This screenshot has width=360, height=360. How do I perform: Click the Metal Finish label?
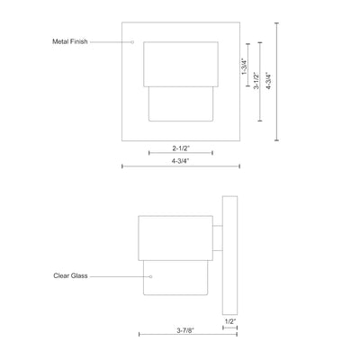pyautogui.click(x=70, y=41)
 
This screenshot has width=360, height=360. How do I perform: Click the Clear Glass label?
pyautogui.click(x=70, y=275)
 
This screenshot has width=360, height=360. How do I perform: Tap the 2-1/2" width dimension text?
pyautogui.click(x=181, y=148)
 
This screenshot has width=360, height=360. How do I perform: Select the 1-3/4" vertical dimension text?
pyautogui.click(x=245, y=67)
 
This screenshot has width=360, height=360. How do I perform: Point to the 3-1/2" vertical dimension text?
pyautogui.click(x=256, y=80)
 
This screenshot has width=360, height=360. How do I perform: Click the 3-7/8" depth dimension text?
pyautogui.click(x=185, y=330)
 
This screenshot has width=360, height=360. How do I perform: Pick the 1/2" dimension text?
pyautogui.click(x=230, y=321)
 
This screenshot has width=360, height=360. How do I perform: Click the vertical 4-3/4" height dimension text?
pyautogui.click(x=268, y=80)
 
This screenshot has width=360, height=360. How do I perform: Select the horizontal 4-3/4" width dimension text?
pyautogui.click(x=181, y=161)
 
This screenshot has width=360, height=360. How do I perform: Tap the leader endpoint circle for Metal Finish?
pyautogui.click(x=132, y=42)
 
